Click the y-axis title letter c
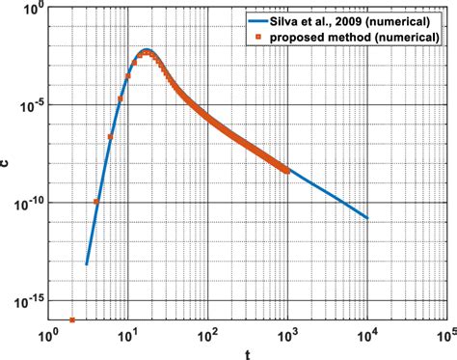coord(7,163)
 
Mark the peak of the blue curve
coord(146,49)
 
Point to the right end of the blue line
coord(367,218)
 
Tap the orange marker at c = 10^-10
coord(96,202)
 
